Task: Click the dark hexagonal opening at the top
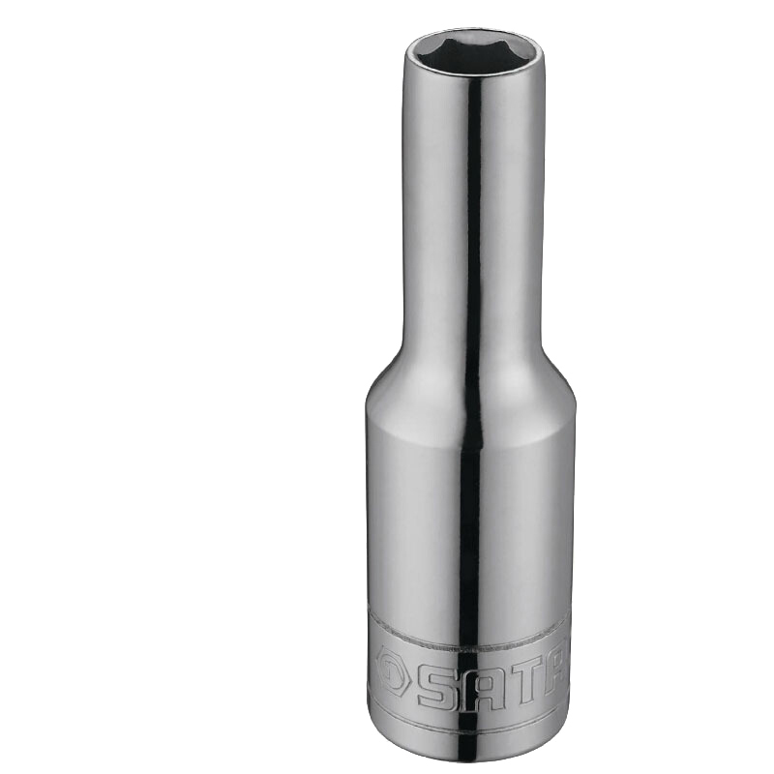pos(473,54)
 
